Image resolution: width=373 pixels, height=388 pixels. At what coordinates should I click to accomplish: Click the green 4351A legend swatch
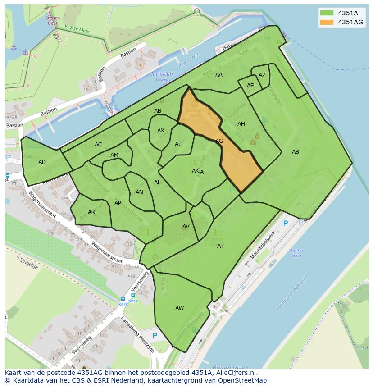click(327, 13)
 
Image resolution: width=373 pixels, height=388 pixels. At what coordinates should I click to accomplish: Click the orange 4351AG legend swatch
click(327, 22)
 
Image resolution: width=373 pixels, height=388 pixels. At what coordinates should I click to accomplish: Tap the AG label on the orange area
click(219, 141)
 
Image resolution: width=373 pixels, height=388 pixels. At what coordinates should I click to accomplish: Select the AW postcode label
click(179, 308)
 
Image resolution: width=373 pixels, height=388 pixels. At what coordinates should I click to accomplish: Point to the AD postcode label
click(42, 162)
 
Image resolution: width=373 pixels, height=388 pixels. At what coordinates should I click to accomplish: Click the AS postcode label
click(295, 152)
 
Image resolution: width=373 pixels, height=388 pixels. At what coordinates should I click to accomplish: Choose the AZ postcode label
click(262, 75)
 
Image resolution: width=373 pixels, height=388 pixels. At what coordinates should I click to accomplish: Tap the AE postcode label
click(250, 86)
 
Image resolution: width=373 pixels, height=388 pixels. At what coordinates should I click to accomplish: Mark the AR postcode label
click(91, 212)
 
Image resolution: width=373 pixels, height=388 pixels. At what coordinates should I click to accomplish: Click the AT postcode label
click(220, 246)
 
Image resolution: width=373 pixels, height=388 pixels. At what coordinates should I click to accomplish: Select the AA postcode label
click(218, 75)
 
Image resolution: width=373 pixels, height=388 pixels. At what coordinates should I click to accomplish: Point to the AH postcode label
click(241, 124)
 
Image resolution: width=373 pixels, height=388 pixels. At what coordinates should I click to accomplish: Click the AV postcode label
click(186, 227)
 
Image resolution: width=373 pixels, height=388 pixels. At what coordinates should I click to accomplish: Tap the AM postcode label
click(114, 155)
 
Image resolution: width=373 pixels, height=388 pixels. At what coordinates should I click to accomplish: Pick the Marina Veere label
click(296, 253)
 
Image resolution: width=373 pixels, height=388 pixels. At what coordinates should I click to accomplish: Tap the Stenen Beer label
click(52, 20)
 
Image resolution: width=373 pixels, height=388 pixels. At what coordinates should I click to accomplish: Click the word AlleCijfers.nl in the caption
click(235, 373)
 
